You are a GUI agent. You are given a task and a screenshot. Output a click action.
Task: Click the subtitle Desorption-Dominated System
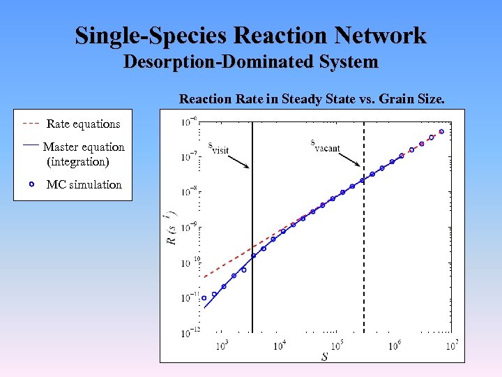point(251,62)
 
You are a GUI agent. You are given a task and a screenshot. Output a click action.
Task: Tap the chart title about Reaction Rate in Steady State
point(312,98)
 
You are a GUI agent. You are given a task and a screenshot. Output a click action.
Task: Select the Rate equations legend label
point(83,124)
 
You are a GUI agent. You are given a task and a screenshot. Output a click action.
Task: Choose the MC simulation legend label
point(84,185)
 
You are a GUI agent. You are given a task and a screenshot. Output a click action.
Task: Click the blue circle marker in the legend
point(31,185)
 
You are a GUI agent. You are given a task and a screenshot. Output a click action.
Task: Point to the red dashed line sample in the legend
point(31,124)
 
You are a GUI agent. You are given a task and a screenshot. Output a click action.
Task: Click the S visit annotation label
point(218,149)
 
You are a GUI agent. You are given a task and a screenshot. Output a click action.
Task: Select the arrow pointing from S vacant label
point(348,158)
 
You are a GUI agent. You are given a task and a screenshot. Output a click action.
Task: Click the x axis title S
point(324,357)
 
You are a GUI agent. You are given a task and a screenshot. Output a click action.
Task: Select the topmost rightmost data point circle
point(441,131)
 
